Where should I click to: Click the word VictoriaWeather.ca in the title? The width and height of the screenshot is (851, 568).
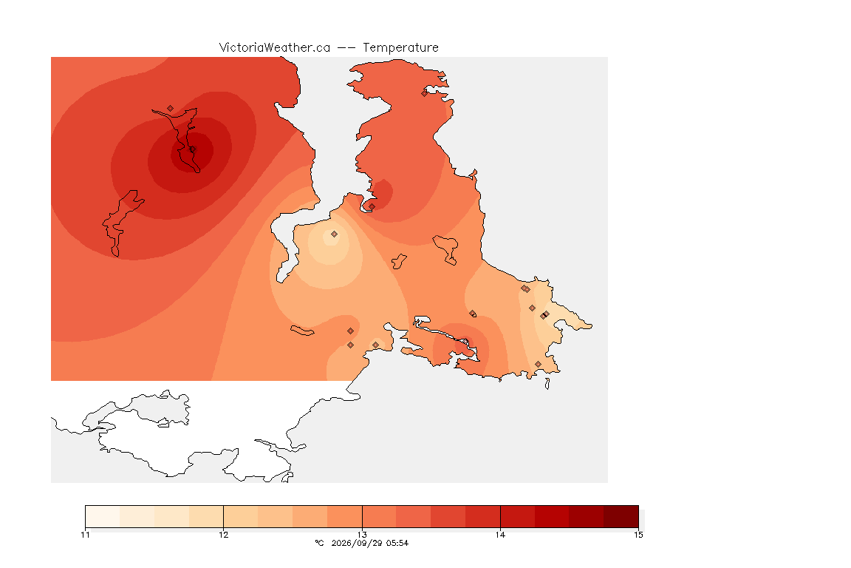tap(275, 48)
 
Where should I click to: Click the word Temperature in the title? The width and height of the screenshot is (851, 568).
tap(400, 48)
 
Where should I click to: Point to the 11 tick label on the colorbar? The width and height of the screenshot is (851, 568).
tap(85, 535)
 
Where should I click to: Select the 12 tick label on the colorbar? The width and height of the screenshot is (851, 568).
tap(224, 535)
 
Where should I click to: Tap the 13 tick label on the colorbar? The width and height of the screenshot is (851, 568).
tap(362, 535)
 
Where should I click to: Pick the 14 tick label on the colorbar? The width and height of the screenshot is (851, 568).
tap(500, 535)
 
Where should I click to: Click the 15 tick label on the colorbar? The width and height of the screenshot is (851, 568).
tap(638, 535)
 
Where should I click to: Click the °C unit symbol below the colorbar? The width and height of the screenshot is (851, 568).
tap(320, 543)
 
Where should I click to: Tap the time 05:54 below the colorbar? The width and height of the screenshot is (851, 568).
tap(397, 543)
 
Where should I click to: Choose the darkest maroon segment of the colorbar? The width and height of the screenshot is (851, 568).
tap(621, 516)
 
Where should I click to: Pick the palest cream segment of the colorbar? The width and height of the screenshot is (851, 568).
tap(103, 516)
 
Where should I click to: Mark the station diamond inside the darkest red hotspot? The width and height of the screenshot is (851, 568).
tap(193, 149)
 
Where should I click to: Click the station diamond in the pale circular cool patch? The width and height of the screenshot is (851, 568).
tap(335, 234)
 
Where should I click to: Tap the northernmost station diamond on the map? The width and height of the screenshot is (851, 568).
tap(425, 93)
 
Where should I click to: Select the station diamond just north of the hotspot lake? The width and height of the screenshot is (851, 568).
tap(171, 109)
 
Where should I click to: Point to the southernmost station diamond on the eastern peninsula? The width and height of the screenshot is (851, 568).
tap(538, 365)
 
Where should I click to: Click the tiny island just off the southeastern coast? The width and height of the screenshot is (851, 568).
tap(547, 384)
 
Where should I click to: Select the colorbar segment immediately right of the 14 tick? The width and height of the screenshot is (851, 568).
tap(517, 516)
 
